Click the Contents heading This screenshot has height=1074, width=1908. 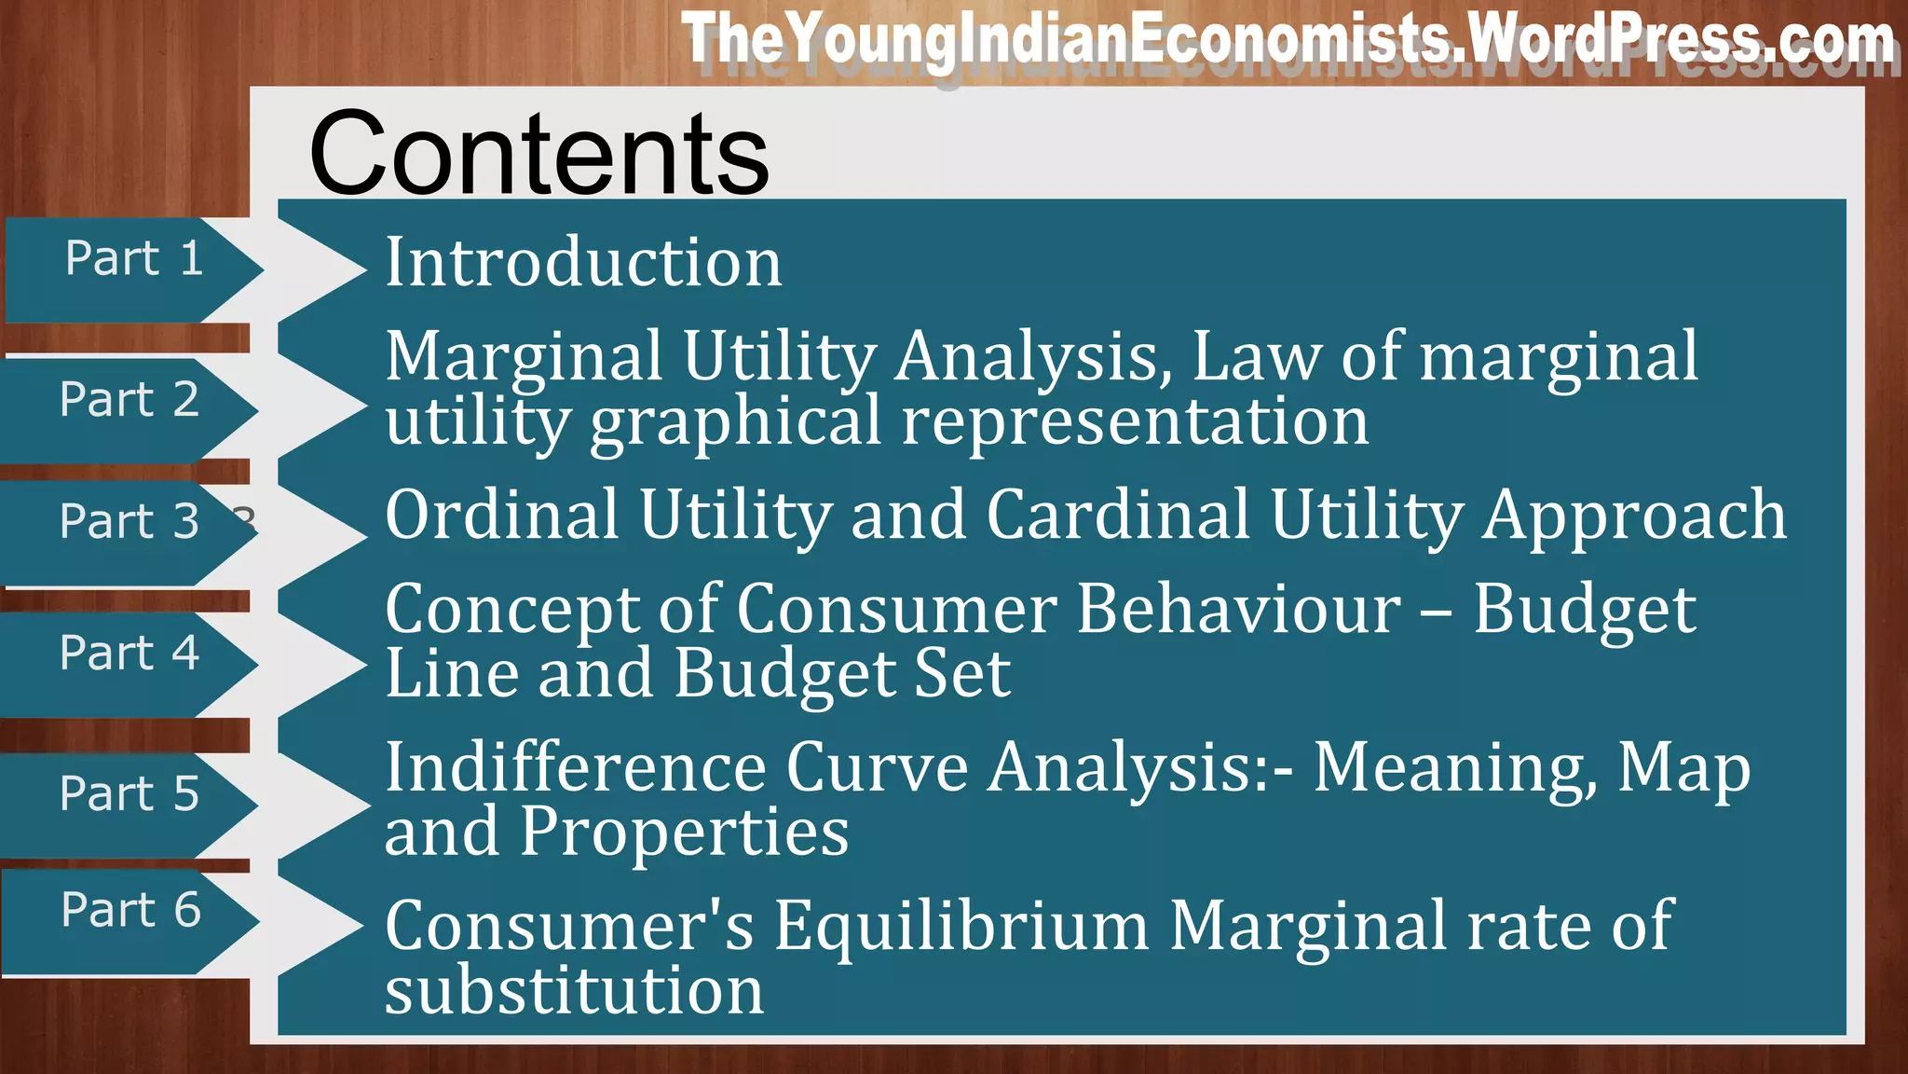[538, 154]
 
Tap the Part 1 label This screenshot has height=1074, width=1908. [134, 258]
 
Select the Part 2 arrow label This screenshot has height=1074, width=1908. [129, 399]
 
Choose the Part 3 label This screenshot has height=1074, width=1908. [129, 520]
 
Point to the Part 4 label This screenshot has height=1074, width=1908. [129, 652]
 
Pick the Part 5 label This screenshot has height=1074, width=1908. [129, 793]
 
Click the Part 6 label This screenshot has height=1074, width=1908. [131, 909]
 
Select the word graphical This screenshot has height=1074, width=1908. [735, 422]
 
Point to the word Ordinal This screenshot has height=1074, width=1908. [502, 515]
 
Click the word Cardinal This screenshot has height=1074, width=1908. [1118, 515]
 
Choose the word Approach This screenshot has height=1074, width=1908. [1635, 516]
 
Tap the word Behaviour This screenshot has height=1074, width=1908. [1238, 610]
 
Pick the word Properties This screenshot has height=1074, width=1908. [684, 833]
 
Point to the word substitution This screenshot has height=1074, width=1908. [574, 990]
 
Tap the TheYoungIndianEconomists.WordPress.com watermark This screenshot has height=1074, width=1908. [1288, 40]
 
